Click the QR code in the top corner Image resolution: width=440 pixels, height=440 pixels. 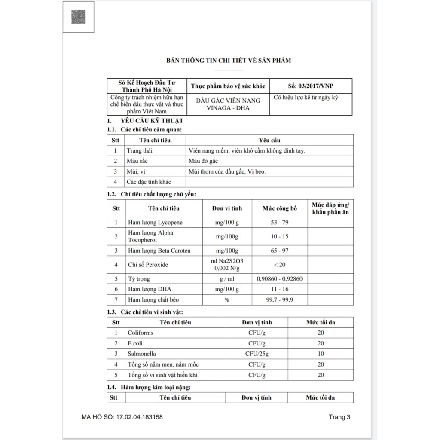click(x=78, y=17)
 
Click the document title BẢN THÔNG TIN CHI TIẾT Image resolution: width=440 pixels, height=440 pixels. click(x=229, y=60)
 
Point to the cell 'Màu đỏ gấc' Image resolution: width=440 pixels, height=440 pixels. click(x=203, y=161)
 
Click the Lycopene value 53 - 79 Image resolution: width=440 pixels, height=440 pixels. click(x=280, y=223)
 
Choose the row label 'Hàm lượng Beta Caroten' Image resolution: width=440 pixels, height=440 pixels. click(x=159, y=251)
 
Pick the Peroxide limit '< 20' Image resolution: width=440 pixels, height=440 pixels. click(x=280, y=265)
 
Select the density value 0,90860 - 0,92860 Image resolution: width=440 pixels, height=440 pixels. click(x=280, y=279)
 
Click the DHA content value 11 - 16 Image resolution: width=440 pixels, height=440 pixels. click(x=280, y=290)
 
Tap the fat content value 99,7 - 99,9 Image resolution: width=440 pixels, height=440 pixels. click(x=280, y=300)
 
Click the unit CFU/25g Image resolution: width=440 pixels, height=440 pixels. click(x=257, y=354)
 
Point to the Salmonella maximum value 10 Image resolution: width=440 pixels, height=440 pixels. click(x=321, y=354)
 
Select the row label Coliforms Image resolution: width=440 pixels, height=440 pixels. click(x=140, y=333)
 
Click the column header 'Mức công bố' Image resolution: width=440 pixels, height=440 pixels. click(x=280, y=208)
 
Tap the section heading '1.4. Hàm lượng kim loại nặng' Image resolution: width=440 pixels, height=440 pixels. click(x=149, y=387)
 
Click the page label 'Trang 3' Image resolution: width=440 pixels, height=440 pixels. click(x=340, y=417)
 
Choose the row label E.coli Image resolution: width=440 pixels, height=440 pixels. click(x=135, y=343)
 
